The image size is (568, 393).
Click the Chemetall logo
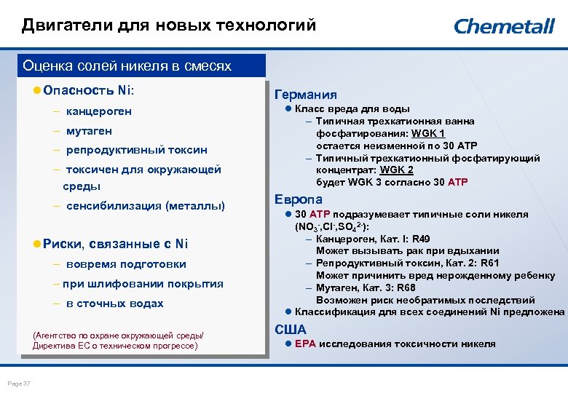(x=504, y=26)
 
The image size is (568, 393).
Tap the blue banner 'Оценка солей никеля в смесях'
(x=127, y=66)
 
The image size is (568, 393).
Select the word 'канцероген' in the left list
(x=98, y=111)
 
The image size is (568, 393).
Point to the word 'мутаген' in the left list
(x=89, y=131)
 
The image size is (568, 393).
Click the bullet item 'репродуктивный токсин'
(x=136, y=150)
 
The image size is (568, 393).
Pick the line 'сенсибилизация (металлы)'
(x=145, y=206)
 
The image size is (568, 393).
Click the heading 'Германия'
(x=305, y=95)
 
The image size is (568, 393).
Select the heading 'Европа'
(x=298, y=199)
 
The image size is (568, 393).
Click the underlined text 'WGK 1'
(x=428, y=133)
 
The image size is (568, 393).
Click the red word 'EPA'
(x=305, y=344)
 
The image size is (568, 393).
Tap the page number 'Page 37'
(x=17, y=384)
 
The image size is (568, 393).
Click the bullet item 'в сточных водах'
(x=114, y=303)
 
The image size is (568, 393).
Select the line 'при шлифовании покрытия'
(x=143, y=284)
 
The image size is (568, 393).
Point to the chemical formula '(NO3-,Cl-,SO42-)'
(x=333, y=227)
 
